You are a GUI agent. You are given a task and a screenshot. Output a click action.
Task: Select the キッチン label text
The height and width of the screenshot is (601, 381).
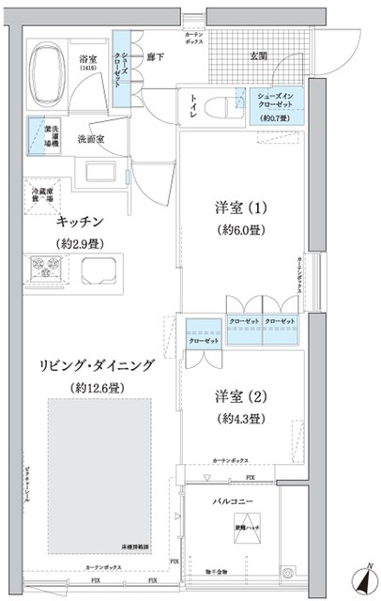tap(80, 222)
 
